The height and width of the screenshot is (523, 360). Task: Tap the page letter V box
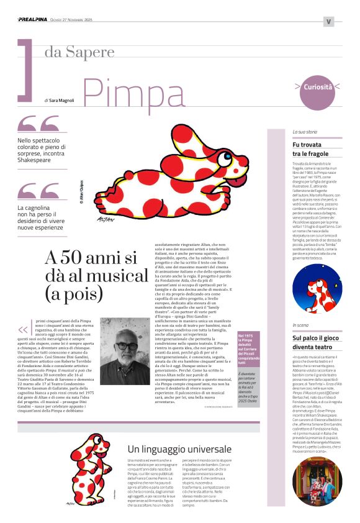328,21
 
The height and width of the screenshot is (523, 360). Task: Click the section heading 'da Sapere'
79,52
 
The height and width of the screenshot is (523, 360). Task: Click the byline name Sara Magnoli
65,99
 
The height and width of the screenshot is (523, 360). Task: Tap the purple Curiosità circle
318,86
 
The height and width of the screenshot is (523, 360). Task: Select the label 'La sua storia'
305,132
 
